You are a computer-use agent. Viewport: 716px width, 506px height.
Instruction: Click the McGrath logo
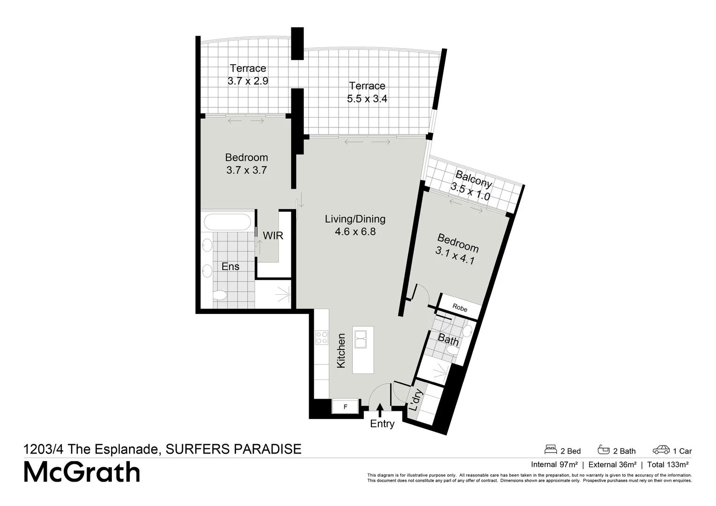(x=82, y=472)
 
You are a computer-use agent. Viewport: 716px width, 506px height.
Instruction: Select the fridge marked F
(x=345, y=406)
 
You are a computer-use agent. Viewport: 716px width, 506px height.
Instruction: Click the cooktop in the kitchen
(x=322, y=337)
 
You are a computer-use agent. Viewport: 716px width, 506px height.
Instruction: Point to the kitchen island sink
(x=361, y=339)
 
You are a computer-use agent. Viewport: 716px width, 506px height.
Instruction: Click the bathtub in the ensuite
(x=227, y=222)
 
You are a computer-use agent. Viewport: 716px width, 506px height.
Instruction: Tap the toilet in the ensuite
(x=220, y=295)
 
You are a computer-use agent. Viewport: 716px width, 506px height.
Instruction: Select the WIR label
(x=273, y=235)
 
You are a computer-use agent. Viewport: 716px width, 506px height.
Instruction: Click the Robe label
(x=460, y=308)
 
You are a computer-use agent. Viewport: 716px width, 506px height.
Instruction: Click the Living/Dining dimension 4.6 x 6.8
(x=355, y=231)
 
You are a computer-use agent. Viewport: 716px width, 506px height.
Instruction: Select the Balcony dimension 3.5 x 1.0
(x=470, y=192)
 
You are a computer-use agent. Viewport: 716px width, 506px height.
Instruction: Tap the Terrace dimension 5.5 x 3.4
(x=367, y=98)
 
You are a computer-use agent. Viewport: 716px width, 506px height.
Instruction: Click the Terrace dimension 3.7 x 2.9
(x=248, y=81)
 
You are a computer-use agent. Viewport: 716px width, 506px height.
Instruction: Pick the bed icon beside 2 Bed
(x=551, y=449)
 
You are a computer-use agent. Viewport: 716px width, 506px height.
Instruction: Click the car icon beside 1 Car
(x=661, y=450)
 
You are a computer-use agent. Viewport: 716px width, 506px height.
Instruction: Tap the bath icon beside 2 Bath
(x=604, y=449)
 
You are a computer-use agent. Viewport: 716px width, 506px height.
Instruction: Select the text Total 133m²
(x=668, y=464)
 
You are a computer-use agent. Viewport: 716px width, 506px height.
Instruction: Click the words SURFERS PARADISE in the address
(x=233, y=449)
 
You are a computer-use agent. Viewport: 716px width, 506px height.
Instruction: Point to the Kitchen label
(x=341, y=350)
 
